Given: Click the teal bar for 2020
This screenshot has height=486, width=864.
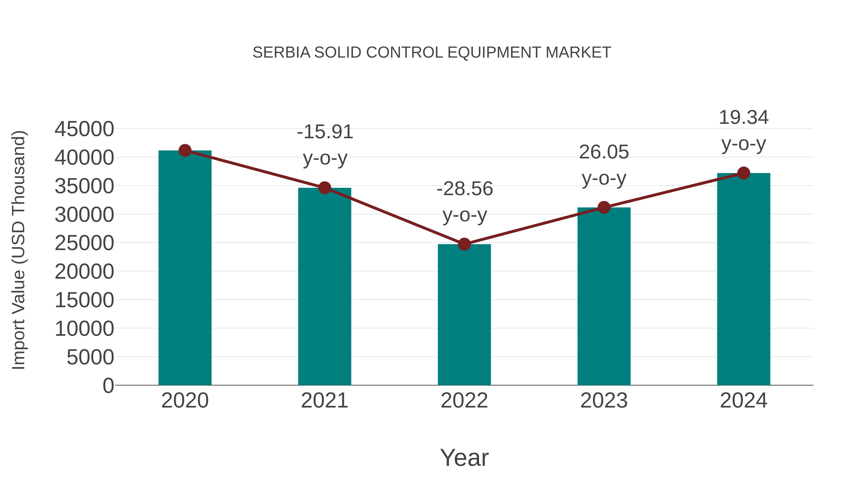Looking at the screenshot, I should point(185,268).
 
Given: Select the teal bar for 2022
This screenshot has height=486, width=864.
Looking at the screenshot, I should point(464,315).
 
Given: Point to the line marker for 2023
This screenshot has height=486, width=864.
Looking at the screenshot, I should point(604,208).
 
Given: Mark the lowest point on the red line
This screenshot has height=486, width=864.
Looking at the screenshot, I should point(464,244).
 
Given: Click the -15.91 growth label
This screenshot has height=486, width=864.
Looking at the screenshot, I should point(325,132).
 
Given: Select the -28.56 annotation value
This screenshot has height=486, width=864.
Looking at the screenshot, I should point(465,189).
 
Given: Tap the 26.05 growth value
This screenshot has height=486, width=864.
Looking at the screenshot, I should point(604,152).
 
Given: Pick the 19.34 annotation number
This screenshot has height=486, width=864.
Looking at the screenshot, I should point(744,118).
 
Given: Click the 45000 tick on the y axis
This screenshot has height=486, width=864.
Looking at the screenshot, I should point(84,129).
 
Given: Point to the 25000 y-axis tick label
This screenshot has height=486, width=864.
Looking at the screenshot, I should point(84,243).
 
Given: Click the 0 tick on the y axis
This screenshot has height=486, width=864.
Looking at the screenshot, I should point(108,386).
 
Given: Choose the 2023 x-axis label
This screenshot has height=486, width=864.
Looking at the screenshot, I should point(604,401).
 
